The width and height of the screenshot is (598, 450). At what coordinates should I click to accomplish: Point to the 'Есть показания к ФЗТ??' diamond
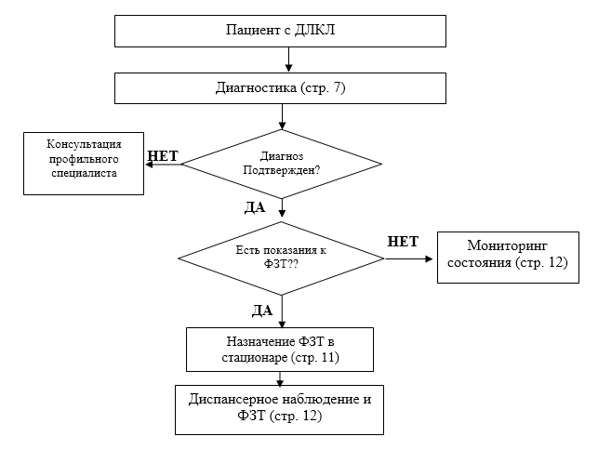pyautogui.click(x=281, y=258)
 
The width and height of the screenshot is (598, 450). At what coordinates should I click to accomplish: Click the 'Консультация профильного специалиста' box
pyautogui.click(x=83, y=163)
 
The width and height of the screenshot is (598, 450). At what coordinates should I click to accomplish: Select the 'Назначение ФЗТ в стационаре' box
pyautogui.click(x=279, y=349)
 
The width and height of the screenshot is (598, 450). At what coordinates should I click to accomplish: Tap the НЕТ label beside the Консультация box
pyautogui.click(x=163, y=155)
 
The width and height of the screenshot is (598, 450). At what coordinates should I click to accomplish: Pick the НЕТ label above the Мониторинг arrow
pyautogui.click(x=403, y=242)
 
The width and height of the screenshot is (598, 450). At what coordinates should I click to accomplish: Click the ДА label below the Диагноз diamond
pyautogui.click(x=255, y=207)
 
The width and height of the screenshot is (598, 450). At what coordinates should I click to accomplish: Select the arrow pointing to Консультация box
pyautogui.click(x=162, y=164)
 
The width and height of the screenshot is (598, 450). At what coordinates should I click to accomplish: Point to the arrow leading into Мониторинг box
pyautogui.click(x=409, y=258)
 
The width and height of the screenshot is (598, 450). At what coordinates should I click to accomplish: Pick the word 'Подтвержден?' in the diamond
pyautogui.click(x=281, y=170)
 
